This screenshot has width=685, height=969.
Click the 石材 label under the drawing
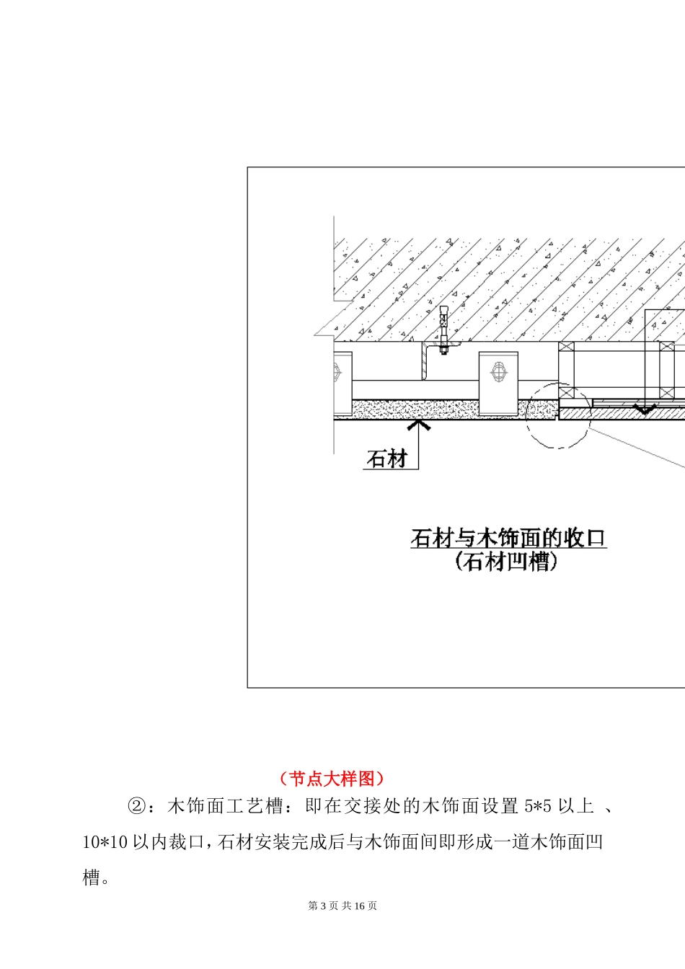(387, 459)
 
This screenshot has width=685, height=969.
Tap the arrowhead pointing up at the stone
(418, 425)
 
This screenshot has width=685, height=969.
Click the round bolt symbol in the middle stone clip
(498, 373)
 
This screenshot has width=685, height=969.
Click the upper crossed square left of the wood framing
(567, 355)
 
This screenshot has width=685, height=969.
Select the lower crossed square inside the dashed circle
(567, 396)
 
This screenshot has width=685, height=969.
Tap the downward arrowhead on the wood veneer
(644, 409)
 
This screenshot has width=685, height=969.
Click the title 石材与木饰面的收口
(508, 538)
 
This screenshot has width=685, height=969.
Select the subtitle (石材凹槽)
(506, 562)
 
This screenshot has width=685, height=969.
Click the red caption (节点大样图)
(332, 779)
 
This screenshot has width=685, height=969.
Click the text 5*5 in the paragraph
(537, 806)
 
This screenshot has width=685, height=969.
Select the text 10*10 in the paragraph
(105, 841)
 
